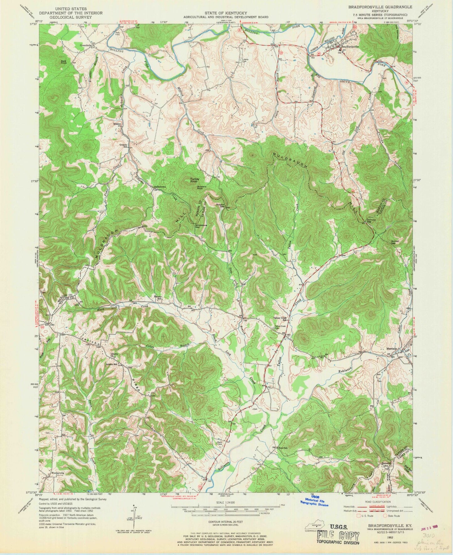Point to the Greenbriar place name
coord(85,45)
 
